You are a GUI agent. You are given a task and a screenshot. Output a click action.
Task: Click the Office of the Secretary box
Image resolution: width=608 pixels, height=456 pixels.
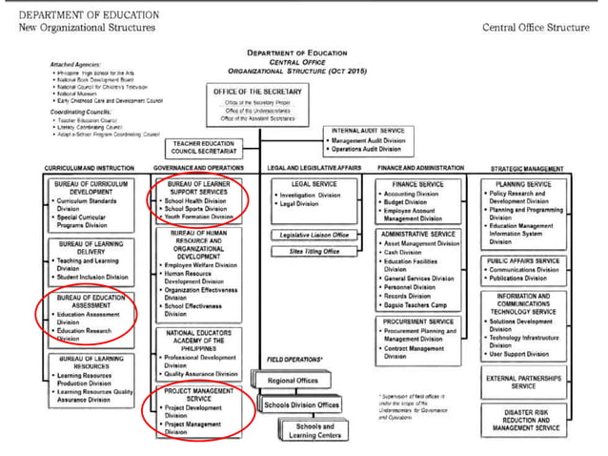pos(256,104)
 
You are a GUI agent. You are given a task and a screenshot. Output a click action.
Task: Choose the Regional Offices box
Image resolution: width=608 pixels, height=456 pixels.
pos(294,380)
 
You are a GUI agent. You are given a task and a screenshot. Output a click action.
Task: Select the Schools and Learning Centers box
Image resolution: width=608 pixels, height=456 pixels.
pos(314,430)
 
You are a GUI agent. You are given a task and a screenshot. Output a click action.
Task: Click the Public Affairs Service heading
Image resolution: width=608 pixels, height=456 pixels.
pos(523,259)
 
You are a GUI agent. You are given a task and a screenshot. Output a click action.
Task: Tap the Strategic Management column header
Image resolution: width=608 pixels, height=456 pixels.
pos(524,168)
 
